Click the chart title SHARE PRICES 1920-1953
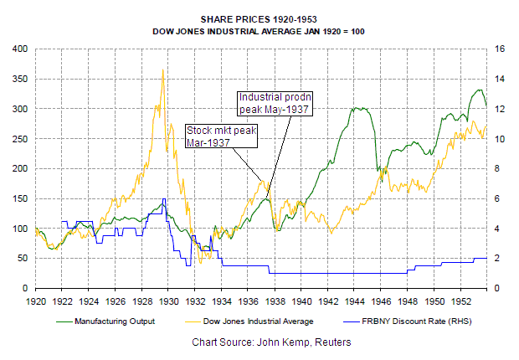[259, 17]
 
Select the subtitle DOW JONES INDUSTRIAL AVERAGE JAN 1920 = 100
[259, 31]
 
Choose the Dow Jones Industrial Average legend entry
[262, 321]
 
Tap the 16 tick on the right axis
[501, 49]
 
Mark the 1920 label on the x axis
[36, 300]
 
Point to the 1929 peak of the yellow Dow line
[162, 69]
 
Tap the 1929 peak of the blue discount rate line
[164, 198]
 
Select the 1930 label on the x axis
[169, 300]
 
